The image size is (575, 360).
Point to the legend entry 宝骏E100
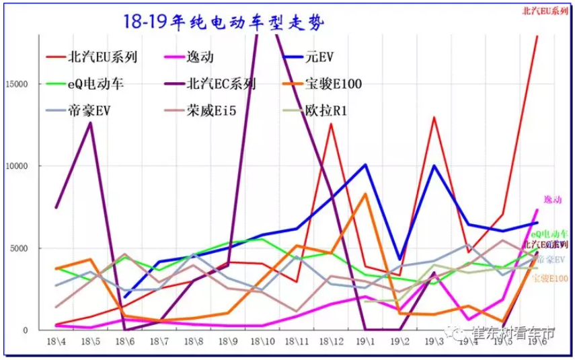pyautogui.click(x=334, y=84)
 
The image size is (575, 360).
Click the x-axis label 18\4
pyautogui.click(x=56, y=342)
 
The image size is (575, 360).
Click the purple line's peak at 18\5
pyautogui.click(x=90, y=123)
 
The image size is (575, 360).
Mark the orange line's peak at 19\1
pyautogui.click(x=365, y=194)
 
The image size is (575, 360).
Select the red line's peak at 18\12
pyautogui.click(x=331, y=124)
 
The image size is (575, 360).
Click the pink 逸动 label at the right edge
pyautogui.click(x=552, y=200)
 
